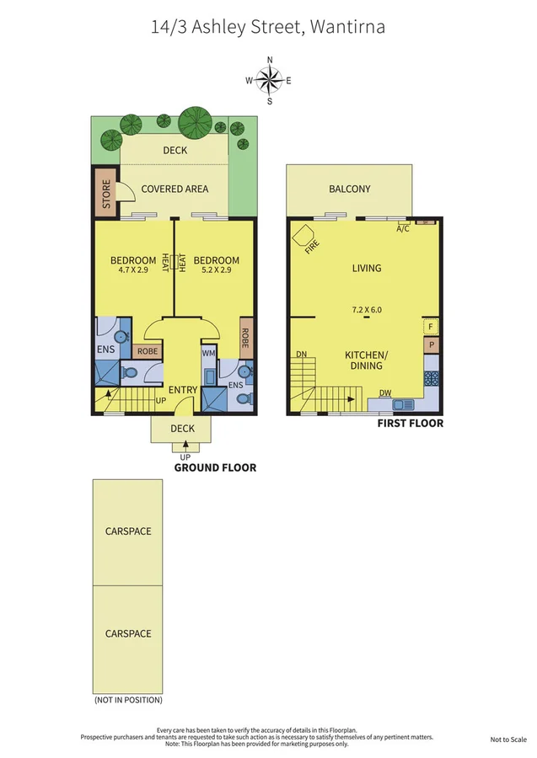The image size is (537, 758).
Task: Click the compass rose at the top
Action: point(269,80)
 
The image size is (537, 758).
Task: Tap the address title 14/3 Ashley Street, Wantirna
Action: point(268,27)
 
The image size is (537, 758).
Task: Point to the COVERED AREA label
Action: point(175,189)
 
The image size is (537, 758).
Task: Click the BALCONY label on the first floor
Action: point(349,189)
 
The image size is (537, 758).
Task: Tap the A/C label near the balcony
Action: point(403,228)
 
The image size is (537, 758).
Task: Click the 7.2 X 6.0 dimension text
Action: point(367,310)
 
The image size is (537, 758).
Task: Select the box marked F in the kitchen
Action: point(431,326)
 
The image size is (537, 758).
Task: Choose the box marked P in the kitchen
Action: point(431,345)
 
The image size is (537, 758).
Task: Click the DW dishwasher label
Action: point(384,392)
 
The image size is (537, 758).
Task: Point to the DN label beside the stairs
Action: point(301,355)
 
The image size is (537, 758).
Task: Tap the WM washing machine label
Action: point(208,354)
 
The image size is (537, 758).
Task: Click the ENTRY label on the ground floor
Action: point(182,390)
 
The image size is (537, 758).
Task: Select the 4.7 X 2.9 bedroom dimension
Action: point(133,272)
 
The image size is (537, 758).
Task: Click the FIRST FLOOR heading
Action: point(410,424)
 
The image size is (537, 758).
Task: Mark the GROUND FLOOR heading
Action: point(215,467)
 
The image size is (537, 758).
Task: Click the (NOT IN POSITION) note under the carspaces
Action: point(128,700)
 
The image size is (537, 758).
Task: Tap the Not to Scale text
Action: point(508,739)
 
